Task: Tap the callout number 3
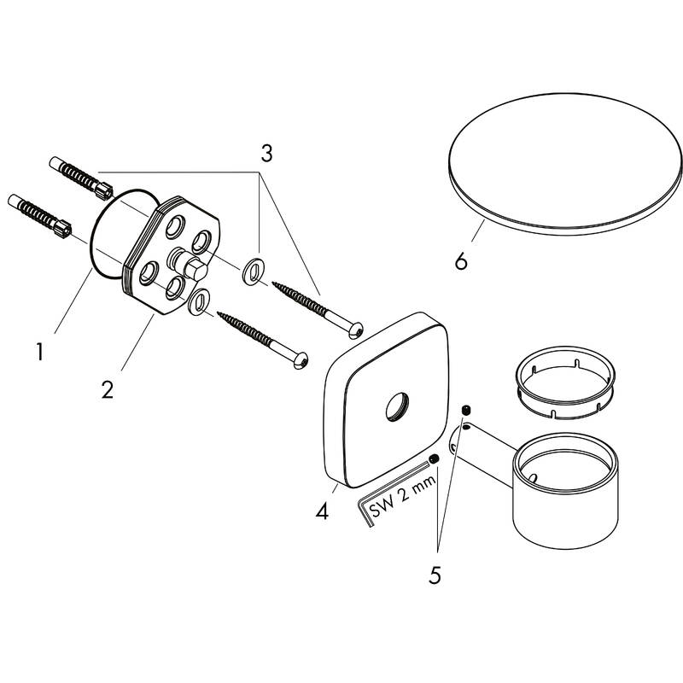(266, 154)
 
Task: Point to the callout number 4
(321, 512)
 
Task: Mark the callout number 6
(461, 260)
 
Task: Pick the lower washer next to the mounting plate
(200, 301)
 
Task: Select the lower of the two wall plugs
(38, 215)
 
